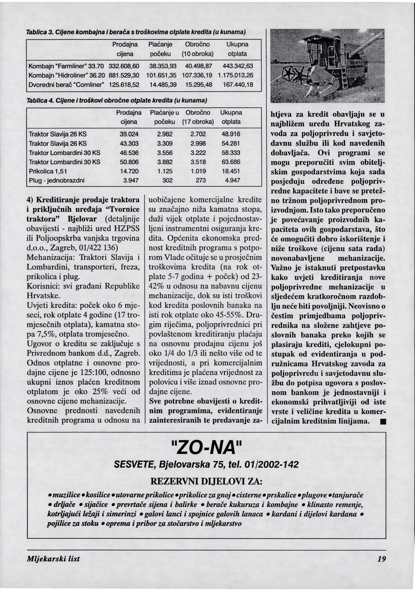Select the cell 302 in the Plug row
coord(167,180)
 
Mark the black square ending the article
coord(383,422)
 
